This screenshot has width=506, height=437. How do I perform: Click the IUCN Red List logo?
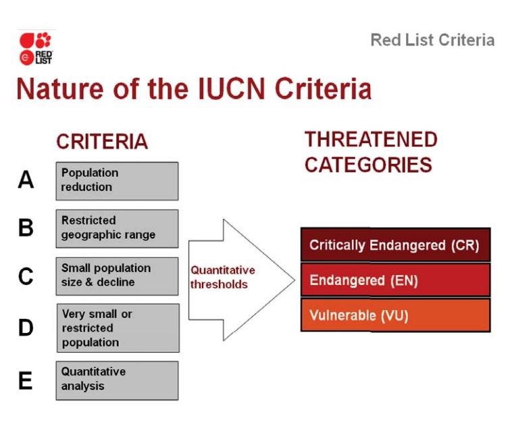[x=36, y=49]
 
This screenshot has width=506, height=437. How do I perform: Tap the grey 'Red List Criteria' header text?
[x=432, y=40]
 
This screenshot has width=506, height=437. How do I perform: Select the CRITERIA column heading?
[x=102, y=141]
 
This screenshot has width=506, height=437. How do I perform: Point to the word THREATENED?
[x=371, y=139]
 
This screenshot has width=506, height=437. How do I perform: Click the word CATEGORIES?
[x=368, y=165]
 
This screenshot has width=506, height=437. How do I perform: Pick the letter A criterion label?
[x=26, y=180]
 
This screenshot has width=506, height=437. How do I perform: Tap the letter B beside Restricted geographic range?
[x=26, y=228]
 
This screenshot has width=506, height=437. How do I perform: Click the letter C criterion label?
[x=26, y=276]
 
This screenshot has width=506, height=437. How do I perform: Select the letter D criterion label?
[x=26, y=328]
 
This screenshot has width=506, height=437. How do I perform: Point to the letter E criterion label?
[x=26, y=380]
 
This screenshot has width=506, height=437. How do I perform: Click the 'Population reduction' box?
[x=117, y=181]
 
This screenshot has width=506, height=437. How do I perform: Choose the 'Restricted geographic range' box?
[x=117, y=229]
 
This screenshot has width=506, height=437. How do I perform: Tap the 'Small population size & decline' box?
[x=117, y=276]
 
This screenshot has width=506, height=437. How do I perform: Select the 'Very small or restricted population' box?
[x=118, y=328]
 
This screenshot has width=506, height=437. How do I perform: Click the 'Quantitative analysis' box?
[x=117, y=381]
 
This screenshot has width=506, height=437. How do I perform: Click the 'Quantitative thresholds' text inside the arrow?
[x=223, y=277]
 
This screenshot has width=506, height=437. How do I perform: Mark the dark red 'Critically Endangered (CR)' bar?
[x=396, y=245]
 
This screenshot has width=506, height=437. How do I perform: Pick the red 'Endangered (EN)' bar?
[x=396, y=280]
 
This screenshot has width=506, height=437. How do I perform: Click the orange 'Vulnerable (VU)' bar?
[x=396, y=315]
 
